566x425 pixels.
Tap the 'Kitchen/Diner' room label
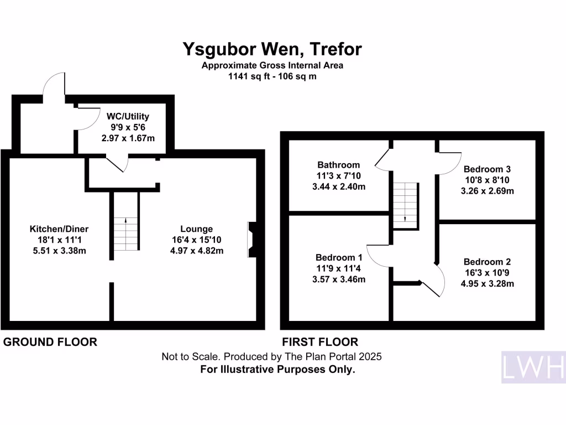click(x=59, y=229)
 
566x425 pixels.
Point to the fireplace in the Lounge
click(x=252, y=240)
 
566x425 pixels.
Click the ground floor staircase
click(x=125, y=234)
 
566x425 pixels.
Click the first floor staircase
click(x=405, y=203)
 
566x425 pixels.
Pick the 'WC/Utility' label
click(x=128, y=117)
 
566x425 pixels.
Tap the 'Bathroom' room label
click(x=338, y=164)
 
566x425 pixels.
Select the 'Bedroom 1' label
click(x=339, y=257)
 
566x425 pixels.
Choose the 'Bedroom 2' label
click(x=487, y=262)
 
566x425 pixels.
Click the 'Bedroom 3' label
click(x=487, y=169)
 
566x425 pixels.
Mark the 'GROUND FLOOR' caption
click(x=50, y=342)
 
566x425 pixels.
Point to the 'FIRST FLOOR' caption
click(x=320, y=342)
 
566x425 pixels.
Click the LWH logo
click(x=533, y=367)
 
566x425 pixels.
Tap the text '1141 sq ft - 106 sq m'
click(x=272, y=77)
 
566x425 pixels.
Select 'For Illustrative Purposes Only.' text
click(x=277, y=369)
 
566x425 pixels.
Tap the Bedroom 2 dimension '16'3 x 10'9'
click(x=487, y=273)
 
